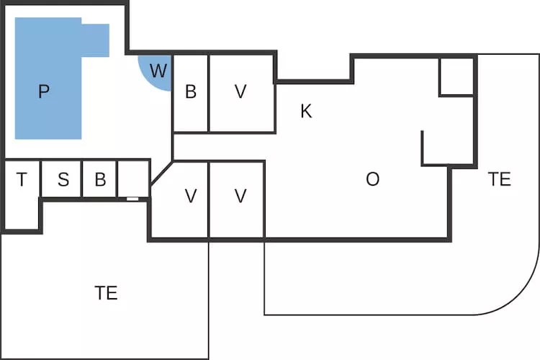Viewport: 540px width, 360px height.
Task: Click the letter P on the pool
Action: pos(44,91)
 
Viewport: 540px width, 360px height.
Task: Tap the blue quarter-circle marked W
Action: pos(157,71)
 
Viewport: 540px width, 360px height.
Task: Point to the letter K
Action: pos(306,112)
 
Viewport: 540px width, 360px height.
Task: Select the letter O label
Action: pos(372,179)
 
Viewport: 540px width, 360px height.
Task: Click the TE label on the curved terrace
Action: pos(499,179)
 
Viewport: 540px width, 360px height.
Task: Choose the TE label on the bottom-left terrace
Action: pos(106,293)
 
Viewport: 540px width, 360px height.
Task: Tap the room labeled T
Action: pos(22,179)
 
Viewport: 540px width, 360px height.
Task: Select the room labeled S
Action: pos(63,179)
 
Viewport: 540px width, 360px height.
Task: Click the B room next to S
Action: pos(100,179)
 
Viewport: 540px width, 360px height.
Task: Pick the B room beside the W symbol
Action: pos(191,92)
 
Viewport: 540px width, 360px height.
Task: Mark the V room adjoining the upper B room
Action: pos(241,92)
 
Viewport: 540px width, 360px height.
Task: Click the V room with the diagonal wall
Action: pos(191,196)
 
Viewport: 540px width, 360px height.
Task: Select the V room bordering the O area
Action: pos(241,196)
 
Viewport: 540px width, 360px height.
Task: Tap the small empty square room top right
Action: pos(456,76)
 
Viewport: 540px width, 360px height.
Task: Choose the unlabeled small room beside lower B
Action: pos(133,178)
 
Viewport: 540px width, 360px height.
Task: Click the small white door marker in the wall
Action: pos(132,198)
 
